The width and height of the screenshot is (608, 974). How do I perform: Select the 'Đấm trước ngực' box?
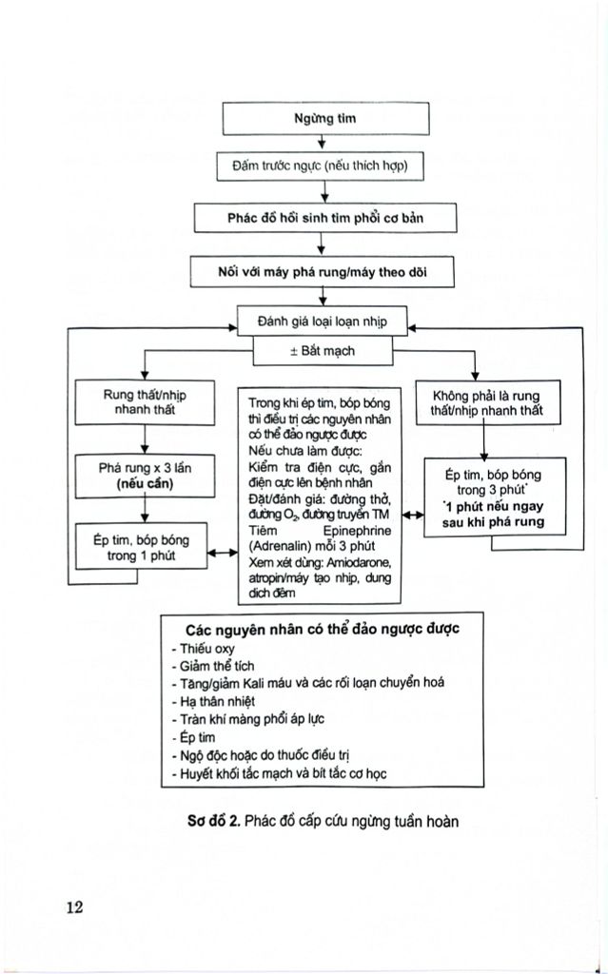point(321,166)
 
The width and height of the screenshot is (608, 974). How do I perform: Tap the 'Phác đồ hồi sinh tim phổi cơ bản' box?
point(324,218)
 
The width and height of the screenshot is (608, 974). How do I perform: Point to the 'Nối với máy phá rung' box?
point(323,271)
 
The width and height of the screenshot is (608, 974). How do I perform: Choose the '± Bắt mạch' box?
point(322,351)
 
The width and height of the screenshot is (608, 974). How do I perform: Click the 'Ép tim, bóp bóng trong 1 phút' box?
point(142,547)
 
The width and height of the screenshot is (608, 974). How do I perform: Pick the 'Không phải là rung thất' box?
point(486,403)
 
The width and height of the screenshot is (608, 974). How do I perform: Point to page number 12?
point(74,906)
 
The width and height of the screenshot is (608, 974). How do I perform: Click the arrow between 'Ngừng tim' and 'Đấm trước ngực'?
point(324,143)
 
